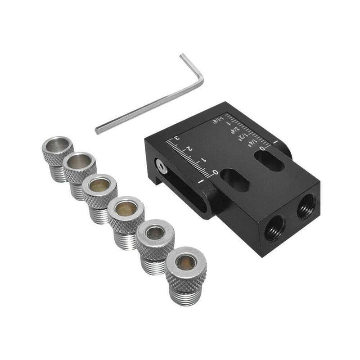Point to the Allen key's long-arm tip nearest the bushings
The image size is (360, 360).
click(x=97, y=130)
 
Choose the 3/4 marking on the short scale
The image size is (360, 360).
click(x=234, y=129)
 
